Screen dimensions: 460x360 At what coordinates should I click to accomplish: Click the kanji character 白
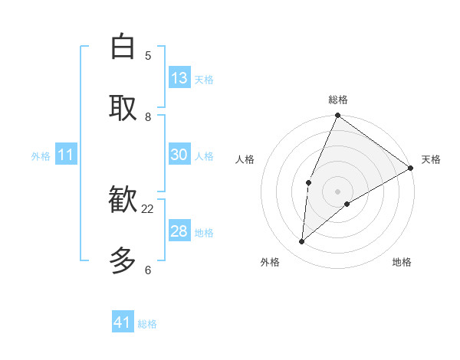click(123, 47)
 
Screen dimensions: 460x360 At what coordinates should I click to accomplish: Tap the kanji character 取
click(123, 108)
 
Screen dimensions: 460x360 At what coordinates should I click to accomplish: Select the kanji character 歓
click(123, 201)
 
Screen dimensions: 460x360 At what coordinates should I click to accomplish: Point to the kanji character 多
click(123, 261)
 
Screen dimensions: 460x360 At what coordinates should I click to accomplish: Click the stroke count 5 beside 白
click(148, 55)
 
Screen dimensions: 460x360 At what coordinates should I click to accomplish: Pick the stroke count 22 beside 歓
click(148, 208)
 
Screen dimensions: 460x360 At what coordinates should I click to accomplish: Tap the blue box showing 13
click(179, 78)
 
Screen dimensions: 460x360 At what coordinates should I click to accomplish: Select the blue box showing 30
click(179, 155)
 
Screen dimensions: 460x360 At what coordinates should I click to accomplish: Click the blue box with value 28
click(179, 231)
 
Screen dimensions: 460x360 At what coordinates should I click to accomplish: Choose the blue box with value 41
click(123, 322)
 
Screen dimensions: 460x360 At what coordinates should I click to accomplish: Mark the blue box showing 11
click(66, 155)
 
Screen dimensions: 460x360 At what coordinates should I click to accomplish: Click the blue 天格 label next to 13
click(204, 79)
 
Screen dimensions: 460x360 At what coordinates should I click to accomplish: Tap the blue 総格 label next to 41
click(147, 324)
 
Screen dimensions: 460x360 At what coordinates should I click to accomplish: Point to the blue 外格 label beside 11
click(41, 156)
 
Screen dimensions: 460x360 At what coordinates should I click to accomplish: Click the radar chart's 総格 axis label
click(338, 100)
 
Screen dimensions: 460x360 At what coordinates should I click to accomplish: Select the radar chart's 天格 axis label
click(431, 159)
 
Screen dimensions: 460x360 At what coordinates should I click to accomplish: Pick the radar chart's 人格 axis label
click(245, 159)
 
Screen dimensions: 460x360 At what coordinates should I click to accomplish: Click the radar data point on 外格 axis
click(302, 242)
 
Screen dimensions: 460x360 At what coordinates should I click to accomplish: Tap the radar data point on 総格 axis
click(338, 116)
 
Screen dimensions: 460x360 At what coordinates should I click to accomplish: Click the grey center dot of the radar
click(338, 191)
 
